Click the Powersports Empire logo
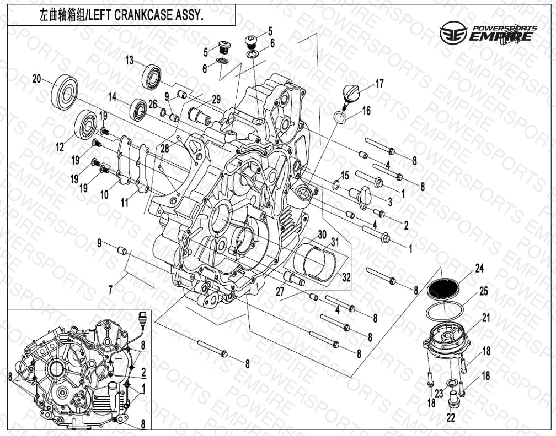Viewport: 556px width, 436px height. coord(488,32)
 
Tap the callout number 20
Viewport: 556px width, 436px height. coord(37,79)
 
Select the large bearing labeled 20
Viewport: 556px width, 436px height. coord(64,91)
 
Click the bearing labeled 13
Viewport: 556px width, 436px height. coord(152,77)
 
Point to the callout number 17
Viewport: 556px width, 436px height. coord(379,84)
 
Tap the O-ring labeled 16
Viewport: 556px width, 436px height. coord(339,117)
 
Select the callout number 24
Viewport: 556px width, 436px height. coord(479,269)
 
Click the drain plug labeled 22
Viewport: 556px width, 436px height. coord(453,398)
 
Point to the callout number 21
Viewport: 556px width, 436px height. coord(485,318)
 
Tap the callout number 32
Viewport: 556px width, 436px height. coord(346,276)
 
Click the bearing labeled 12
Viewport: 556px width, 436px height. coord(86,124)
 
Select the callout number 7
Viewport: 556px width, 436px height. coord(111,290)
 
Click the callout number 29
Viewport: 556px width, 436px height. coord(216,100)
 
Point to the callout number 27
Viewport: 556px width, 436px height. coord(280,292)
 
